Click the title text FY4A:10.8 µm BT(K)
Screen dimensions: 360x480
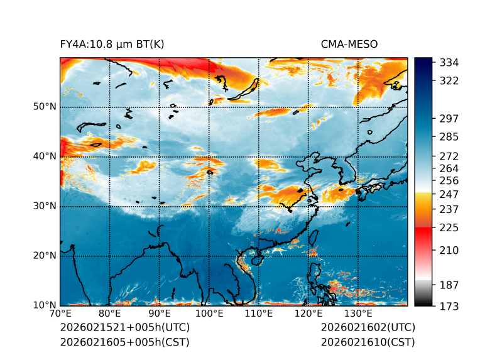coord(112,45)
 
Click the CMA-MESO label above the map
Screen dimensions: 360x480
coord(349,45)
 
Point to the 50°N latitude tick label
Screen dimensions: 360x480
coord(45,107)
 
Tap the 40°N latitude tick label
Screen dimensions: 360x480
coord(45,156)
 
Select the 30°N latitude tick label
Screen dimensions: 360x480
coord(45,206)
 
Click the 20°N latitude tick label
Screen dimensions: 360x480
coord(45,256)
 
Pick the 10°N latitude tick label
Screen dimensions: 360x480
coord(45,305)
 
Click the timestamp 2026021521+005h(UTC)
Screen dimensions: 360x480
coord(124,328)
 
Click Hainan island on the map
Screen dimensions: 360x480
coord(256,259)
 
